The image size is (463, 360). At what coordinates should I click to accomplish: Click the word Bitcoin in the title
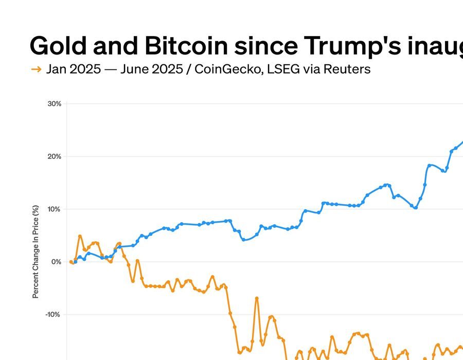(186, 46)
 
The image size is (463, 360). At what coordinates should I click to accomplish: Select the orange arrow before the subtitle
(36, 69)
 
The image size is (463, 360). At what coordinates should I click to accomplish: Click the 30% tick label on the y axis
(54, 104)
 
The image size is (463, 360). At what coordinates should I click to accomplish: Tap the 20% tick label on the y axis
(54, 156)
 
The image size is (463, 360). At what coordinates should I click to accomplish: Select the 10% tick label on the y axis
(54, 209)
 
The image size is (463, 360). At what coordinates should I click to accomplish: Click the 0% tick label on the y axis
(56, 262)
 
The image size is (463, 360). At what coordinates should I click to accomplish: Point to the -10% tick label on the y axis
(53, 315)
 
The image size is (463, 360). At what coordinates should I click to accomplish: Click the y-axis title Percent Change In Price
(35, 251)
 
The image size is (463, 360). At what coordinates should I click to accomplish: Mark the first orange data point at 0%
(71, 262)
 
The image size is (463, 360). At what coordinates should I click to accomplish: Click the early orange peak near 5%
(80, 237)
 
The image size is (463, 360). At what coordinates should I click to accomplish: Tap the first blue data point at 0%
(76, 262)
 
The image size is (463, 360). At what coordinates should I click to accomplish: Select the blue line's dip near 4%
(243, 239)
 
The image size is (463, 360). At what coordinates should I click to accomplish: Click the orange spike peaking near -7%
(256, 298)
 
